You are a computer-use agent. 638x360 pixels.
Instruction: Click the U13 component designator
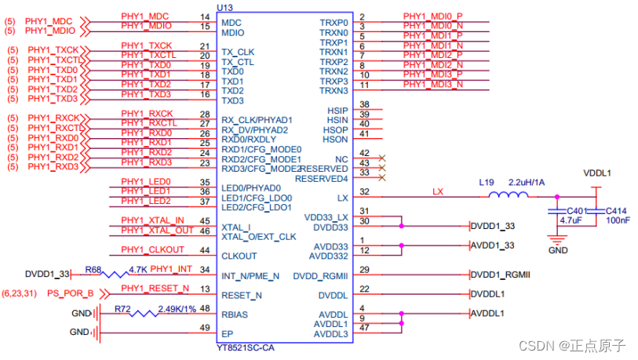click(x=225, y=7)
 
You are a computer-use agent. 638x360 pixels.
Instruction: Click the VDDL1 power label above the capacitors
click(x=597, y=173)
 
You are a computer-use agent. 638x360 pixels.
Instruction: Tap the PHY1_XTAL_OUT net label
click(x=157, y=230)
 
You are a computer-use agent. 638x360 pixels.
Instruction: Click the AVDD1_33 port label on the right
click(x=494, y=246)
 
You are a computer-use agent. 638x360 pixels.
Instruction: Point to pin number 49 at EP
click(x=206, y=328)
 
